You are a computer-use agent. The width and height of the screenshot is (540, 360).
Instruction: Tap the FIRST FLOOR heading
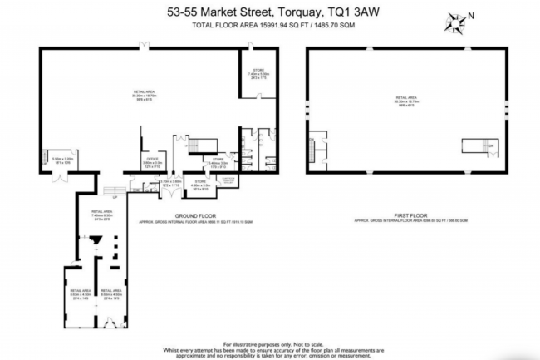click(x=407, y=215)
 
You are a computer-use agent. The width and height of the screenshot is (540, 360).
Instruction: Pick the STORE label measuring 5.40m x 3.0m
click(x=218, y=162)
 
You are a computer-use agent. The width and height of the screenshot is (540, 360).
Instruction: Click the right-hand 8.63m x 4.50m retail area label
click(x=111, y=293)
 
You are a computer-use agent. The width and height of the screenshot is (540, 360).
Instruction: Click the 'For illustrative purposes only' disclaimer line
click(x=268, y=343)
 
